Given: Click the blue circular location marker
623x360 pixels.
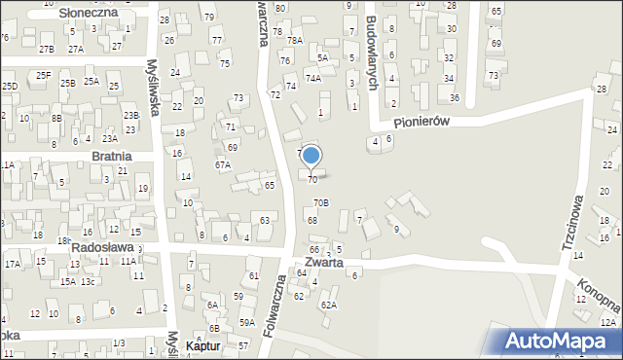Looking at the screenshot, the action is point(311,156).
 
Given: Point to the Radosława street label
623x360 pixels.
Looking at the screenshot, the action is point(101,248).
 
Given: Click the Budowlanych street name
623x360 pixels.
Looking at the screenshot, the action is point(371,53).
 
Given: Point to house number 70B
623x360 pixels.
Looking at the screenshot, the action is point(320,202).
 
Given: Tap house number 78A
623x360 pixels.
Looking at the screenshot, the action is point(294,41).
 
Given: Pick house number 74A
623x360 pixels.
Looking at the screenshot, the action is point(313,78).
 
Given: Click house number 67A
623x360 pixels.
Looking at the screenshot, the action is point(222,165).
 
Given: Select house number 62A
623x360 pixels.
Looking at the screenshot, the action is point(329,306).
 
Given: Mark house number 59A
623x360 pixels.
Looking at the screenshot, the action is point(247,322).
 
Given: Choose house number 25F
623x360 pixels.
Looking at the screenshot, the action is point(43,75).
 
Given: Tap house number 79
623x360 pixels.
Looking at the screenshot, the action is point(209,18).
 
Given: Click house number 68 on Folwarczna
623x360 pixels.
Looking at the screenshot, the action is point(312,221).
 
